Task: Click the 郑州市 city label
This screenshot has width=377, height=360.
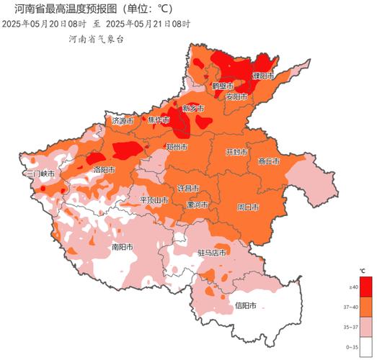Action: point(177,147)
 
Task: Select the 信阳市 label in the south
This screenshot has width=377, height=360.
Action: point(246,305)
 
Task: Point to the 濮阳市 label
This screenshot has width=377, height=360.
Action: point(263,75)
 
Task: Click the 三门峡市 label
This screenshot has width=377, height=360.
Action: point(40,174)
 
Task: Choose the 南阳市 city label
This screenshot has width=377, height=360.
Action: point(103,246)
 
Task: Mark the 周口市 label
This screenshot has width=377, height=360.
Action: point(248,207)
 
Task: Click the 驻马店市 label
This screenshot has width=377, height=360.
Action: point(212,253)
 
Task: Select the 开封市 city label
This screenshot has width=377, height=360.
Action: point(236,153)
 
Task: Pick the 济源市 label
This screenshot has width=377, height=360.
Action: point(123,121)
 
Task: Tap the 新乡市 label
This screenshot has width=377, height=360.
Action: point(192,108)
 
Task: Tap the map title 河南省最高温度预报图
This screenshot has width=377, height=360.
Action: point(65,9)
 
